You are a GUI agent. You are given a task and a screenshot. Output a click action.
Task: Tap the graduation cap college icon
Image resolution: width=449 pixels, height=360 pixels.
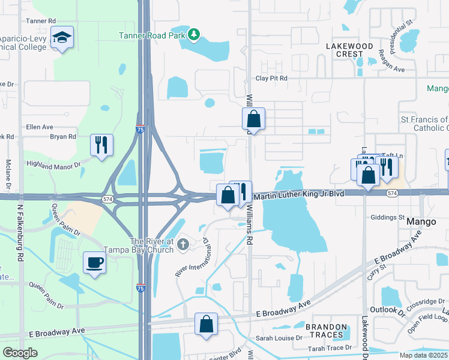click(62, 38)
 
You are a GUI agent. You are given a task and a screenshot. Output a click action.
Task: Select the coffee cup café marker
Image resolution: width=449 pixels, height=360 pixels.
click(95, 262)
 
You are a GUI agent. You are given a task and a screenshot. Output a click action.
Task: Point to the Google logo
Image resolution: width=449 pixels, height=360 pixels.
click(20, 353)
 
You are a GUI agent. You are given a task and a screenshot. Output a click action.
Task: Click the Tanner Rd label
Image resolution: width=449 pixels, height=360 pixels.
click(40, 20)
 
